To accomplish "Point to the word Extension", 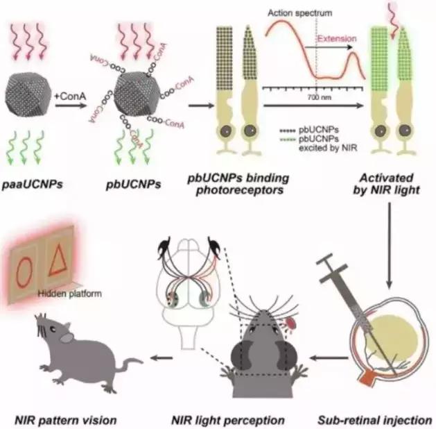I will click(x=338, y=40).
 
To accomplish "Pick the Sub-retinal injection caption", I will click(x=375, y=420).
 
